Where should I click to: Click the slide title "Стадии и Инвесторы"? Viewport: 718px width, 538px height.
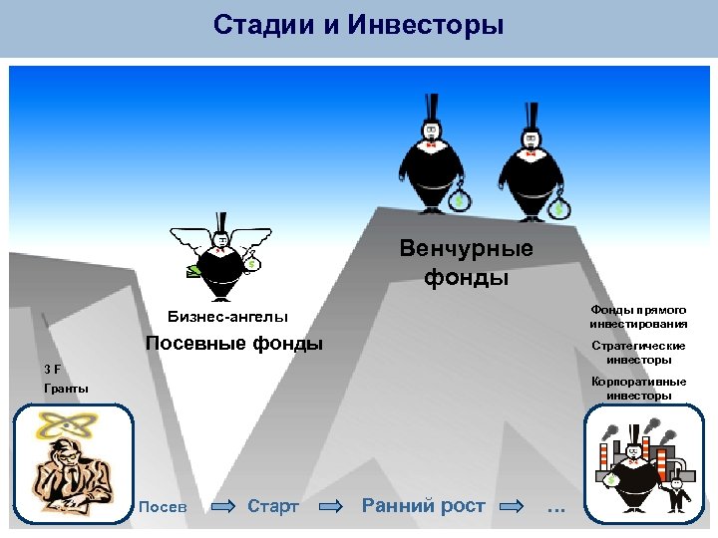click(358, 24)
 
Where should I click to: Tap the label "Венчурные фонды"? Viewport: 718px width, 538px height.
click(466, 262)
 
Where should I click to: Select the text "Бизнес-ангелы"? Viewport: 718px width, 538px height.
click(227, 317)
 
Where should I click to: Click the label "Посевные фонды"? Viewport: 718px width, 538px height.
click(234, 344)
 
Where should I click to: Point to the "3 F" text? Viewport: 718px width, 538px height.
click(52, 369)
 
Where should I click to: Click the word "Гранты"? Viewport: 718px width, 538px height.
click(66, 388)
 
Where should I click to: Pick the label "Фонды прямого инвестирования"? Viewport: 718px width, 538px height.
click(638, 317)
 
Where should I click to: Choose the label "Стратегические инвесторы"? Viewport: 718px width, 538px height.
click(638, 352)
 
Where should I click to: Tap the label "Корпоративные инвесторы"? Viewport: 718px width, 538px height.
click(638, 388)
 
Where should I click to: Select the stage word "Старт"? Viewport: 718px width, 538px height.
click(272, 506)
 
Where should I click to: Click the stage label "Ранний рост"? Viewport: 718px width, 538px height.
click(423, 506)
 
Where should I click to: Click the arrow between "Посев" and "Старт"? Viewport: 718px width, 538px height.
click(222, 507)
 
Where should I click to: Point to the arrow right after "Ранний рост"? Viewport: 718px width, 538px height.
click(510, 507)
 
